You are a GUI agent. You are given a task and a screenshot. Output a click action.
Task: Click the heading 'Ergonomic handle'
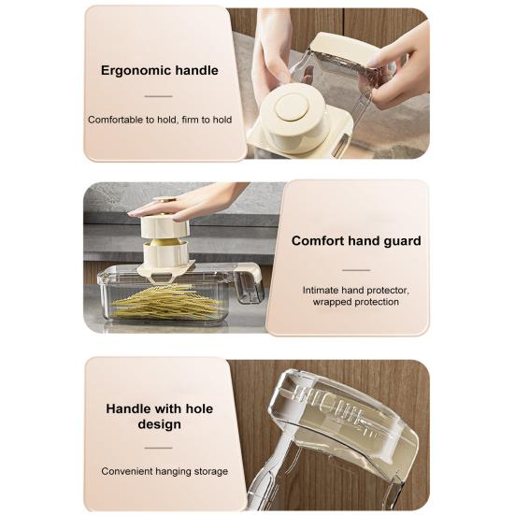pyautogui.click(x=160, y=70)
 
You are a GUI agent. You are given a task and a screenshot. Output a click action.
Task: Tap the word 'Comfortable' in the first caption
pyautogui.click(x=117, y=120)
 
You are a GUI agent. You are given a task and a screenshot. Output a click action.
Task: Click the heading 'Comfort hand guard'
pyautogui.click(x=356, y=240)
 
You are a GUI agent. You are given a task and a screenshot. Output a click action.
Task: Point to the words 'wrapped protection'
pyautogui.click(x=356, y=303)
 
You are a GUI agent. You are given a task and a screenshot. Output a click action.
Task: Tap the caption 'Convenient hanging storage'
pyautogui.click(x=165, y=471)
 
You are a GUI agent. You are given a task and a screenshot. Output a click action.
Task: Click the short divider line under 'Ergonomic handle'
pyautogui.click(x=160, y=95)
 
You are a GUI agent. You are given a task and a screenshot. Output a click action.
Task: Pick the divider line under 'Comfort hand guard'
pyautogui.click(x=355, y=265)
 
